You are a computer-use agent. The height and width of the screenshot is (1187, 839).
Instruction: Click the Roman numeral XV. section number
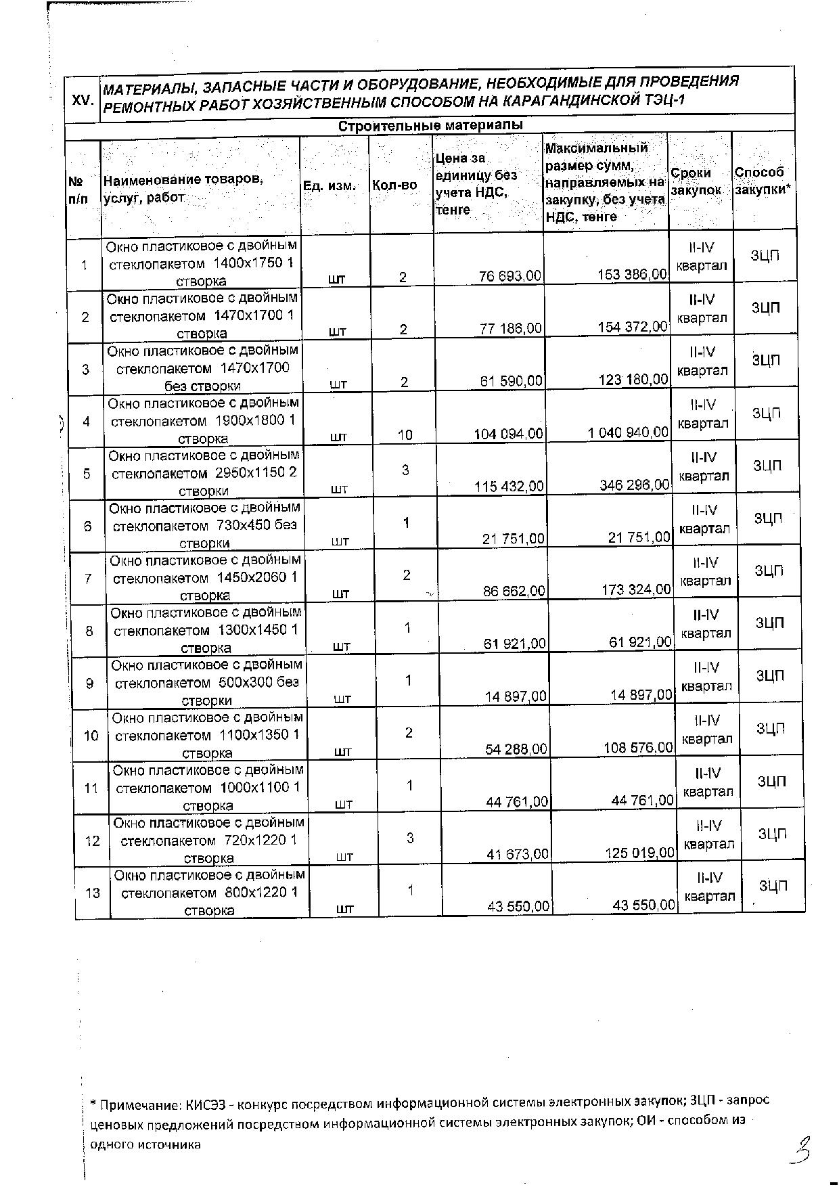(83, 99)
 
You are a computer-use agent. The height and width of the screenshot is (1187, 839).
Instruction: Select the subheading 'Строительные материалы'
(430, 126)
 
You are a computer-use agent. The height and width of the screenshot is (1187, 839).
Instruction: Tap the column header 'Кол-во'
(394, 185)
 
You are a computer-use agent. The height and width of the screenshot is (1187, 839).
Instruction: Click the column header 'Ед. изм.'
(330, 185)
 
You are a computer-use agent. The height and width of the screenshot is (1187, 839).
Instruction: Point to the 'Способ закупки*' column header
(763, 181)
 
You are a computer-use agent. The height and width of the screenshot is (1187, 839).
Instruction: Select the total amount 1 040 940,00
(628, 432)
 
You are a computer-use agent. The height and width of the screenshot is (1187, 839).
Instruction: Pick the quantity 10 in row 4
(405, 435)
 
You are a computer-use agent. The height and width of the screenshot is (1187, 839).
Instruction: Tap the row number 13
(93, 893)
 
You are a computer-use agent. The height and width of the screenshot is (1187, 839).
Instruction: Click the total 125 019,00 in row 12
(640, 853)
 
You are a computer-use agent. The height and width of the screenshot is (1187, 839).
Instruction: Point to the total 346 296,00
(634, 485)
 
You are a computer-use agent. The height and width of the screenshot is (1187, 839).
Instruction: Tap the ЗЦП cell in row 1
(765, 256)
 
